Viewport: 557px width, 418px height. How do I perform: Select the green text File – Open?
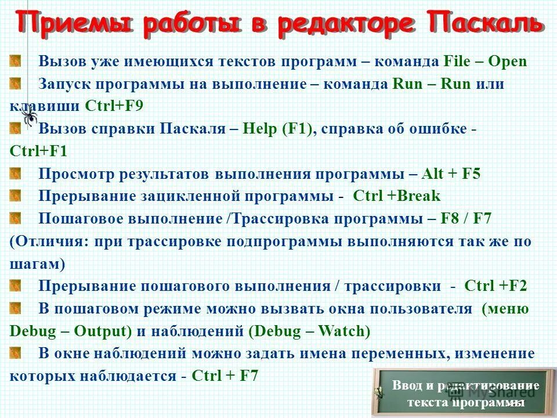(x=485, y=62)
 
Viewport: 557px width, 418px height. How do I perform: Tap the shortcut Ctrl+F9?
(x=114, y=106)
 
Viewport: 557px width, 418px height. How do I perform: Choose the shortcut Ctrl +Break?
(x=397, y=196)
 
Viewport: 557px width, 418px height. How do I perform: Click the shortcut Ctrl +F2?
(x=496, y=286)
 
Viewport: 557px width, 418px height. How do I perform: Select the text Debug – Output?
(x=68, y=331)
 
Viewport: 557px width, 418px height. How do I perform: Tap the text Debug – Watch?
(x=309, y=331)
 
